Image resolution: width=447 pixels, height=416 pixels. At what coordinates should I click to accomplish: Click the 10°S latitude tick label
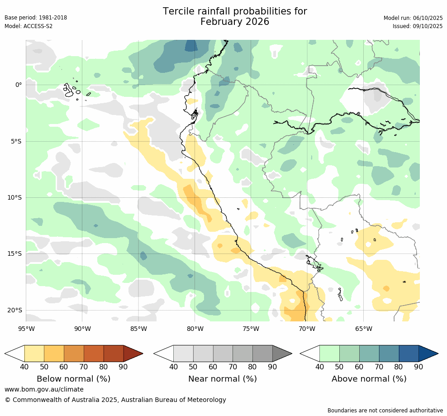(15, 198)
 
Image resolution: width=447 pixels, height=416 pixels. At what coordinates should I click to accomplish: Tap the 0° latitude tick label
(18, 85)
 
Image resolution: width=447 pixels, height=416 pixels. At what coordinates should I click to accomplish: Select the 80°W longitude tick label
(195, 329)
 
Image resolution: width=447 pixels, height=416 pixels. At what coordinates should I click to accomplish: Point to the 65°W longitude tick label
(363, 329)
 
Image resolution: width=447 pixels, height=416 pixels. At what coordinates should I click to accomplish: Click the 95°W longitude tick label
(26, 329)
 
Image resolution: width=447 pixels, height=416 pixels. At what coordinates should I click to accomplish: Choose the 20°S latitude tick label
(15, 311)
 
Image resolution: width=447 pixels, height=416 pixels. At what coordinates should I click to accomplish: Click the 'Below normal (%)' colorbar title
(74, 379)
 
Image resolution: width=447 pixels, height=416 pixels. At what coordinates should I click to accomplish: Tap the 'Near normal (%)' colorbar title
(223, 379)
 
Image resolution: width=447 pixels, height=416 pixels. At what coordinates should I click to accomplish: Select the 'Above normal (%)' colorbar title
(369, 379)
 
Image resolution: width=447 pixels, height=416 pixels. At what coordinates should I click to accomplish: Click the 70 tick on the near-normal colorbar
(233, 367)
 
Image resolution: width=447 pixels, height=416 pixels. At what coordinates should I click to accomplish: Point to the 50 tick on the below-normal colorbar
(44, 367)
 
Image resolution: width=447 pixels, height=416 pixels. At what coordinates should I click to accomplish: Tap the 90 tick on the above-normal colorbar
(419, 367)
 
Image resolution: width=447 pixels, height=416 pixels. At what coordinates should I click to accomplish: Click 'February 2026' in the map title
(235, 22)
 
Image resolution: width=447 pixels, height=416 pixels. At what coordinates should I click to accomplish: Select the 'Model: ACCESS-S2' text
(29, 26)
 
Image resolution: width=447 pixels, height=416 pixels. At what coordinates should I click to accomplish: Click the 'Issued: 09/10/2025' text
(417, 26)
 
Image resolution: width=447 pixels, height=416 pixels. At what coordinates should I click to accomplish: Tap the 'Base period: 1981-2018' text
(36, 18)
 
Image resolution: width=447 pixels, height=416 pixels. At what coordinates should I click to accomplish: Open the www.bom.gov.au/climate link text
(44, 389)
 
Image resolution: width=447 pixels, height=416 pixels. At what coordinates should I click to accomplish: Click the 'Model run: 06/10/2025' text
(413, 18)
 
